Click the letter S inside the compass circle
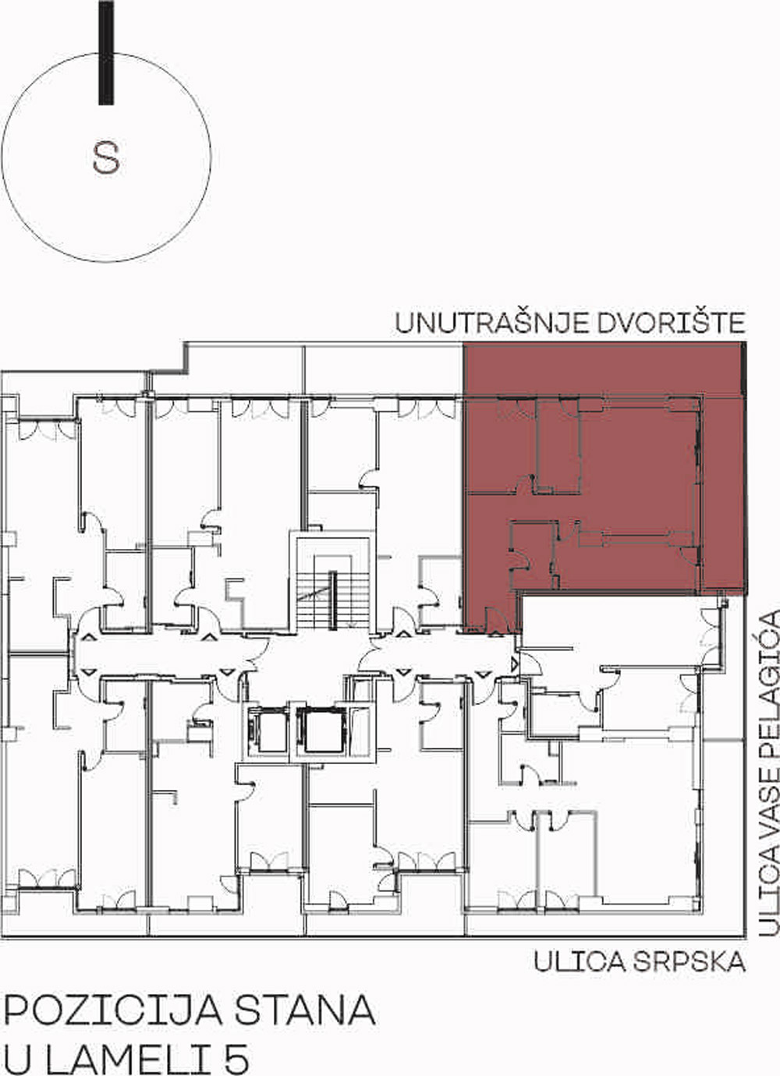(x=106, y=158)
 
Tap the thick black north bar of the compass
(x=106, y=52)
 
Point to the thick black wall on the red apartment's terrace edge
(x=744, y=369)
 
